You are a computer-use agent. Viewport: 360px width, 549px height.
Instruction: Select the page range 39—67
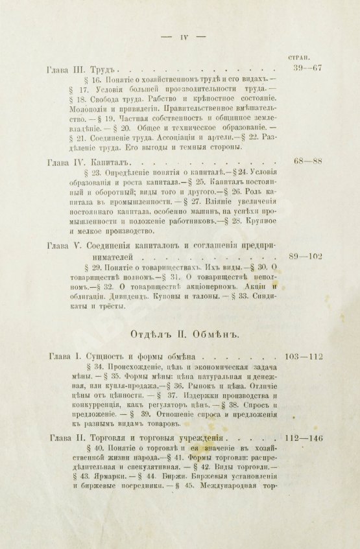(x=307, y=68)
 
